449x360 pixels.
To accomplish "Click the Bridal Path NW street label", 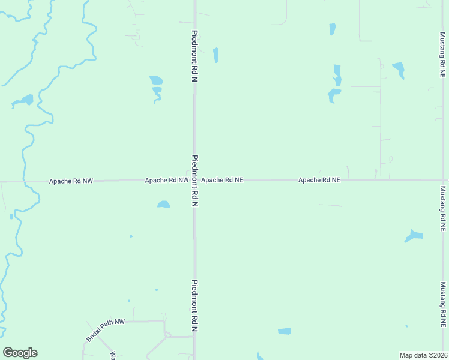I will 105,330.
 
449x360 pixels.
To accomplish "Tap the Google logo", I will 20,353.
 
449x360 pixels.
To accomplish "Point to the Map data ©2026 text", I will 424,355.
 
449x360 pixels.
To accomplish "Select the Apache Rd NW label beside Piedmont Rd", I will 166,179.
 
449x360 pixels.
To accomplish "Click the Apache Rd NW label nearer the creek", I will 71,180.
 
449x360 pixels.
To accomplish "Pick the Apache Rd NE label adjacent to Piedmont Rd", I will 222,179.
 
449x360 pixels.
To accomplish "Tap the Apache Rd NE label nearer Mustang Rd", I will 319,179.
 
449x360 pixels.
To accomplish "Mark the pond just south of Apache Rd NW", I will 163,205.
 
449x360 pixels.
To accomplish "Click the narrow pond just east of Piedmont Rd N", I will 215,55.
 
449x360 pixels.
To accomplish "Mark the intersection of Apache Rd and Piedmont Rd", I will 195,179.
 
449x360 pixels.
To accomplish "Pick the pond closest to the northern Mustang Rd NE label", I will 399,70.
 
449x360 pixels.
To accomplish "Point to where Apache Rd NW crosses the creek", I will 23,181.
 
